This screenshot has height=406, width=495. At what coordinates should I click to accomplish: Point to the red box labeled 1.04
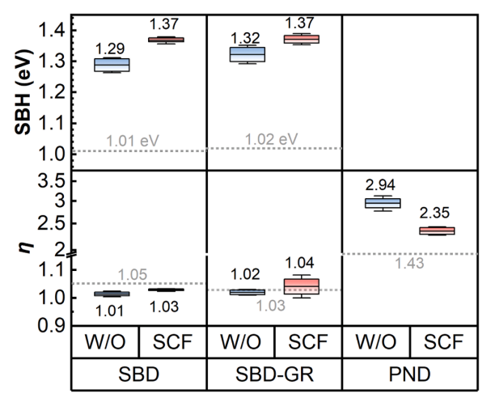(x=306, y=286)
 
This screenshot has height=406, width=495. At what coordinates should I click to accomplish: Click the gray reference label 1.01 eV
(x=133, y=141)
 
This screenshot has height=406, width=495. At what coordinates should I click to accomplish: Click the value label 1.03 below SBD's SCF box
(x=171, y=307)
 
